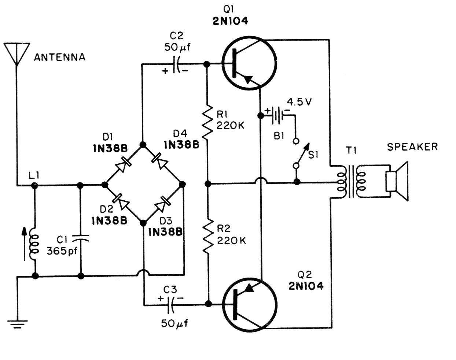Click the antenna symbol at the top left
[x=16, y=53]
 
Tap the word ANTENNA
[x=60, y=57]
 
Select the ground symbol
[x=17, y=324]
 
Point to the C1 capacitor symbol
[x=81, y=238]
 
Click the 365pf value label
[x=62, y=251]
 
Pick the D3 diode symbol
[x=162, y=204]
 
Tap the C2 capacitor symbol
[x=176, y=64]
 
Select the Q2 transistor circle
[x=250, y=305]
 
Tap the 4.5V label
[x=299, y=102]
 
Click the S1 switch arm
[x=302, y=154]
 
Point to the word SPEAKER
[x=412, y=147]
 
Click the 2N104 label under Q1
[x=230, y=21]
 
